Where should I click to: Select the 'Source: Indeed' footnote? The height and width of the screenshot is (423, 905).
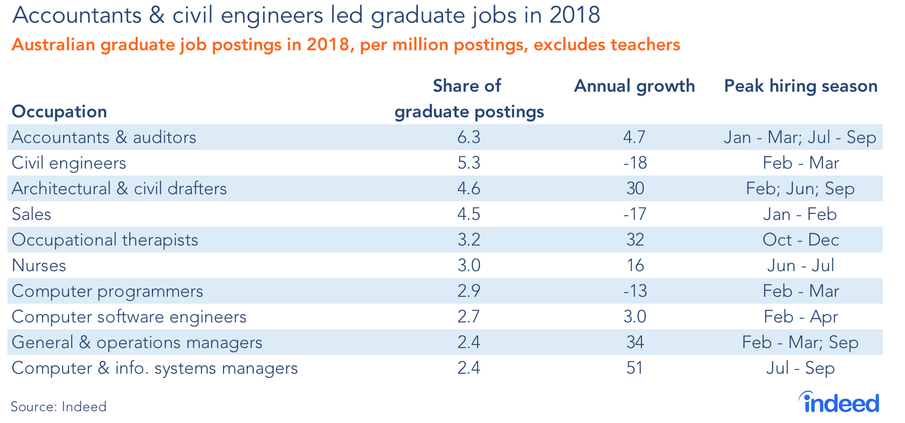[59, 407]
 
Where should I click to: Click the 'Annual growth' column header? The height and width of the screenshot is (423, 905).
[634, 86]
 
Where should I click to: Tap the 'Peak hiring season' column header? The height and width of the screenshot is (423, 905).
[800, 86]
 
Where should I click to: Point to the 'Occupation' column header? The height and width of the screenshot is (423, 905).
[59, 112]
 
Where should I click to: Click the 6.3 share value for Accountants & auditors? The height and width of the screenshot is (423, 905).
[468, 138]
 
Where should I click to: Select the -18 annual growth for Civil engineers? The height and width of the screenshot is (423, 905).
[635, 163]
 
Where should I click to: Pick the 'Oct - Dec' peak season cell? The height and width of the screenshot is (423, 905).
[800, 240]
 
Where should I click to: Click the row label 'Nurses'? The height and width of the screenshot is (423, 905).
[38, 266]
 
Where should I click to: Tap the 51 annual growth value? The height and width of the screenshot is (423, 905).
[635, 368]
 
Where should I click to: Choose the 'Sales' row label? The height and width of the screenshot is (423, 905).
[31, 214]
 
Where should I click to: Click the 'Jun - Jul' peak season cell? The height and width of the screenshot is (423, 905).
[800, 266]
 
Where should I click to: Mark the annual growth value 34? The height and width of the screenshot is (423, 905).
[635, 343]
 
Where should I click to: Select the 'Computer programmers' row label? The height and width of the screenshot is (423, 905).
[107, 291]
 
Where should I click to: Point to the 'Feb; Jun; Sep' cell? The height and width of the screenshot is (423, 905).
[800, 189]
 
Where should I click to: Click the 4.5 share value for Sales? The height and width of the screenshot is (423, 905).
[468, 214]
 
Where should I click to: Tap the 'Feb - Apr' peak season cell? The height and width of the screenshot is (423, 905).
[800, 317]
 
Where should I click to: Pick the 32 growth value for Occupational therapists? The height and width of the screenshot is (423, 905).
[635, 240]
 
